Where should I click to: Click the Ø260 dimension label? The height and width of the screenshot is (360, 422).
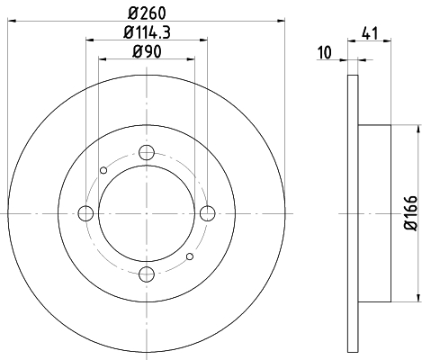click(x=147, y=13)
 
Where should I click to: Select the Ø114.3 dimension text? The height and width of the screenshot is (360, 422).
click(x=148, y=32)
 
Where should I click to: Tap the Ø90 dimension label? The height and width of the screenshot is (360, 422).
click(x=147, y=51)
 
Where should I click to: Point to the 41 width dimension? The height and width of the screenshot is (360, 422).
click(x=370, y=33)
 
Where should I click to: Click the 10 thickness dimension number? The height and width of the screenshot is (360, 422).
click(x=325, y=52)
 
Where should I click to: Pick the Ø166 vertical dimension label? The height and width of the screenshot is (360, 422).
click(x=410, y=213)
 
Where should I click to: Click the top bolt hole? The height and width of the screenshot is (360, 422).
click(x=147, y=153)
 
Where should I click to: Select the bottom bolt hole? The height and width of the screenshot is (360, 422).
click(x=147, y=274)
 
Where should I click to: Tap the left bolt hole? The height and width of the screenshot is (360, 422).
click(x=85, y=213)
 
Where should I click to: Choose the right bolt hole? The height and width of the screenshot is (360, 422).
click(x=208, y=213)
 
